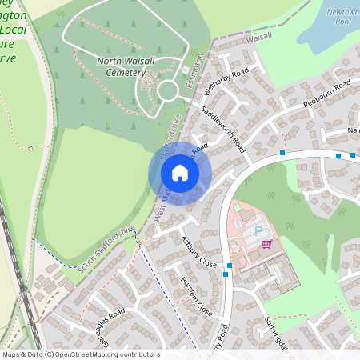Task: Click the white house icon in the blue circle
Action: pyautogui.click(x=180, y=173)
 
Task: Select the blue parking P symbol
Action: pyautogui.click(x=258, y=231)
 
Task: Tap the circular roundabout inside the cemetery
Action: pyautogui.click(x=168, y=90)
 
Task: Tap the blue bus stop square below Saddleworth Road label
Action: pyautogui.click(x=282, y=152)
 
